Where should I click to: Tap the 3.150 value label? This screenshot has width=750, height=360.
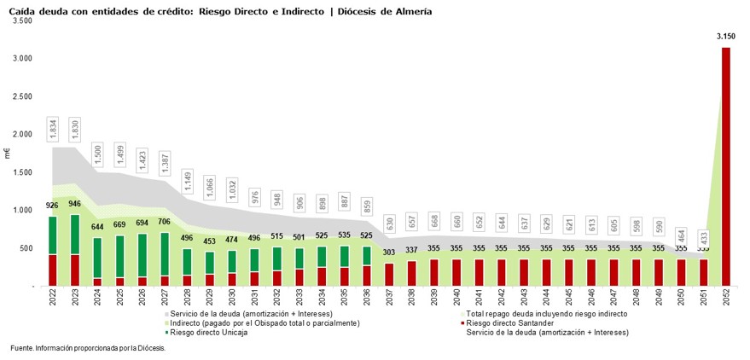[x=725, y=36]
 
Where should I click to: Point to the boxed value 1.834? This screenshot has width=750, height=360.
[x=52, y=128]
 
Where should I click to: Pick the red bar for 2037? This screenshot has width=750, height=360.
[x=389, y=274]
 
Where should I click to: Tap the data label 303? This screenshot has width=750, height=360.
[x=389, y=252]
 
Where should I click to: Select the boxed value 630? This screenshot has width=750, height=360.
[x=389, y=224]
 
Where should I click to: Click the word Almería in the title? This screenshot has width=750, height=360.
[x=409, y=12]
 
